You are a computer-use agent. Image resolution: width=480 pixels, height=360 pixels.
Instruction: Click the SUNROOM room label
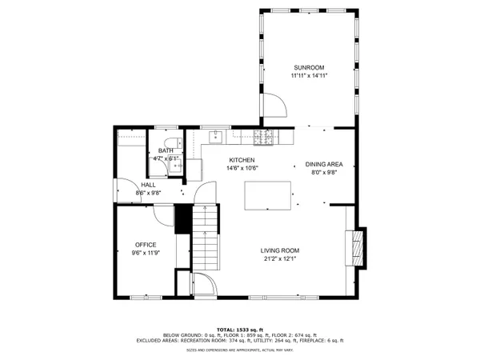(309, 66)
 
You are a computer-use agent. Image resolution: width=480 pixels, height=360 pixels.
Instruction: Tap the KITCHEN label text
(242, 159)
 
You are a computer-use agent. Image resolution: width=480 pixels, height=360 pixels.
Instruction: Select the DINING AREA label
(323, 164)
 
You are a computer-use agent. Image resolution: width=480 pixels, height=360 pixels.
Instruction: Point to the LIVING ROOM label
(279, 250)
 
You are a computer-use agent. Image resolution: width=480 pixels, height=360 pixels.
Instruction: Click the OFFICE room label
(145, 245)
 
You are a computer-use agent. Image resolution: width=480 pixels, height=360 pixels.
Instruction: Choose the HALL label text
(126, 185)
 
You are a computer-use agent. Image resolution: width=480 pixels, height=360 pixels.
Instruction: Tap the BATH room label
(166, 150)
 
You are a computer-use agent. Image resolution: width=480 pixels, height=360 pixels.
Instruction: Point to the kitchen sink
(217, 137)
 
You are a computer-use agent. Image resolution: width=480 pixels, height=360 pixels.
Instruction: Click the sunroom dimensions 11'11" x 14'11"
(309, 75)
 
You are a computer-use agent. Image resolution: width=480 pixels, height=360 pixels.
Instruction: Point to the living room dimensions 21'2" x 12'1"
(279, 258)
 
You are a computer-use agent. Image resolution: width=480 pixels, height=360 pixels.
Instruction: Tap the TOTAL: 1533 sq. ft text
(240, 329)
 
